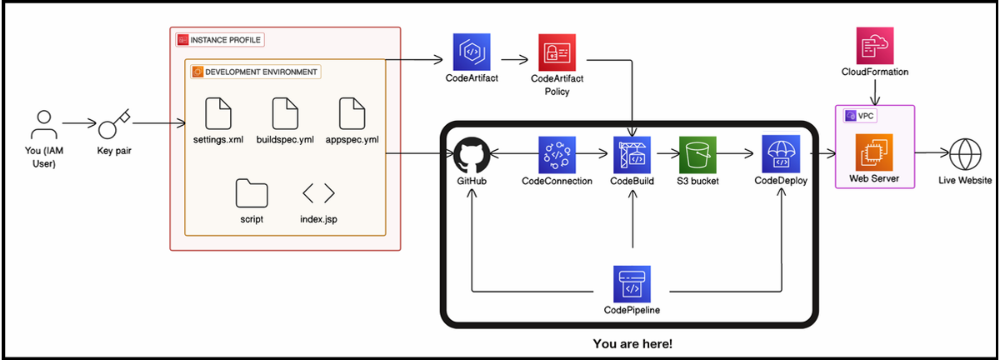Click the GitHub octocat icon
472,155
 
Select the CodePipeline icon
632,284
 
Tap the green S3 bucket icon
697,155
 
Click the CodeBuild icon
632,155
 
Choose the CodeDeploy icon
781,155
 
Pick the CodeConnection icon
557,155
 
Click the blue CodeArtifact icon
472,52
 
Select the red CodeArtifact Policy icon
557,52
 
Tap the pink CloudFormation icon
875,45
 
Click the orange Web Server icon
875,152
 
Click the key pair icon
113,127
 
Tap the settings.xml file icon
218,113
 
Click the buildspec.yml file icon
285,113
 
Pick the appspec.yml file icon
351,113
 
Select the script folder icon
251,193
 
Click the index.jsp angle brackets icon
318,193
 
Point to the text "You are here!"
632,343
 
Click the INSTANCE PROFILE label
221,40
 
